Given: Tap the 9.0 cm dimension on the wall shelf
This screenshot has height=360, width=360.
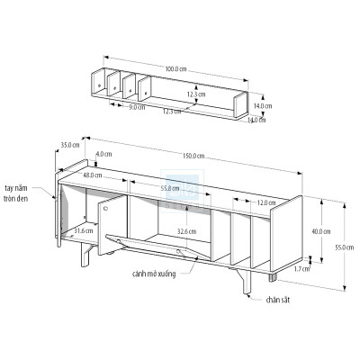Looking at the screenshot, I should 137,108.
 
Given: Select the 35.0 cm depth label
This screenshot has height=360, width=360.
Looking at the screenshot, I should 69,145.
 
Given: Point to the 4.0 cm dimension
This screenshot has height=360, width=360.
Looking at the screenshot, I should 103,154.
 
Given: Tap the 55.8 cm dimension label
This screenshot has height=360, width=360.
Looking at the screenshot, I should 173,189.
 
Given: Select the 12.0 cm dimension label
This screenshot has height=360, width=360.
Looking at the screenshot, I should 265,203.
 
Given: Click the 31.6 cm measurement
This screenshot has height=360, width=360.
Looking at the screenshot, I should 83,230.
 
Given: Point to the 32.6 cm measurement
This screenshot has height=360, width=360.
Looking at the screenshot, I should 186,231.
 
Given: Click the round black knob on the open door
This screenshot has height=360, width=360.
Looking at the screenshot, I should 104,207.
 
